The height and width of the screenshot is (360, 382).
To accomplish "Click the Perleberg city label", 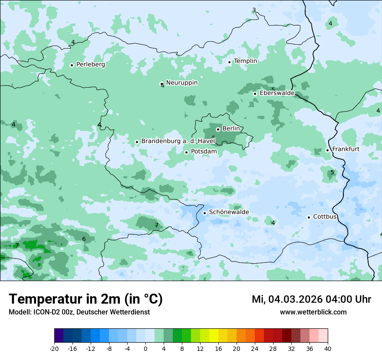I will [x=90, y=65].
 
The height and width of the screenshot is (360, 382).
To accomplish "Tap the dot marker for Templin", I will [x=229, y=62].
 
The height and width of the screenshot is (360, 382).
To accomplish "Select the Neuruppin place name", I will [x=181, y=82].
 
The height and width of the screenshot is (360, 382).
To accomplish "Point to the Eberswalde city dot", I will [x=255, y=94].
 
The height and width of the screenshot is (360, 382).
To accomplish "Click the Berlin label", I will [x=231, y=129].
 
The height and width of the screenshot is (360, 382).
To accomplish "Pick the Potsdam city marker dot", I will [x=186, y=152].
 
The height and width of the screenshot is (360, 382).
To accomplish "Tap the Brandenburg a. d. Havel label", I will [x=178, y=141].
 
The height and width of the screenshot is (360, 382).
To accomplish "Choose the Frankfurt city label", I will [x=346, y=149].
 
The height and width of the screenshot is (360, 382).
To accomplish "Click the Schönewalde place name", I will [x=229, y=212].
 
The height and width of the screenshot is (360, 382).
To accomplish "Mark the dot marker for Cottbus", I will [x=309, y=217].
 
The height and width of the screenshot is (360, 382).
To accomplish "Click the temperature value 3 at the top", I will [x=254, y=10].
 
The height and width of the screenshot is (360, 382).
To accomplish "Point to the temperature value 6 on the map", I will [x=84, y=239].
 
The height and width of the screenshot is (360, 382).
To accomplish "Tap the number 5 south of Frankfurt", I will [x=332, y=172].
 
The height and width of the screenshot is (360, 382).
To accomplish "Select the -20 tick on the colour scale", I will [x=54, y=348].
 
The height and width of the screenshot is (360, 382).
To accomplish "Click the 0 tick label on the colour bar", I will [x=145, y=348].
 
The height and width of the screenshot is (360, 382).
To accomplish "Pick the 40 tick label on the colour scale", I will [x=327, y=348].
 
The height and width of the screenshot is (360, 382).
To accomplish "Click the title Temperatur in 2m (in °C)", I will [x=86, y=299].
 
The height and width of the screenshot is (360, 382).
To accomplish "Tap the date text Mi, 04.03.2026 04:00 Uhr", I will [x=311, y=299].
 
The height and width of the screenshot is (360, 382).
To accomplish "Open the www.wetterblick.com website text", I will [x=313, y=312].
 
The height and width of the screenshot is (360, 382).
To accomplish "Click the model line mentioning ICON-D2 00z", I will [x=79, y=312].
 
